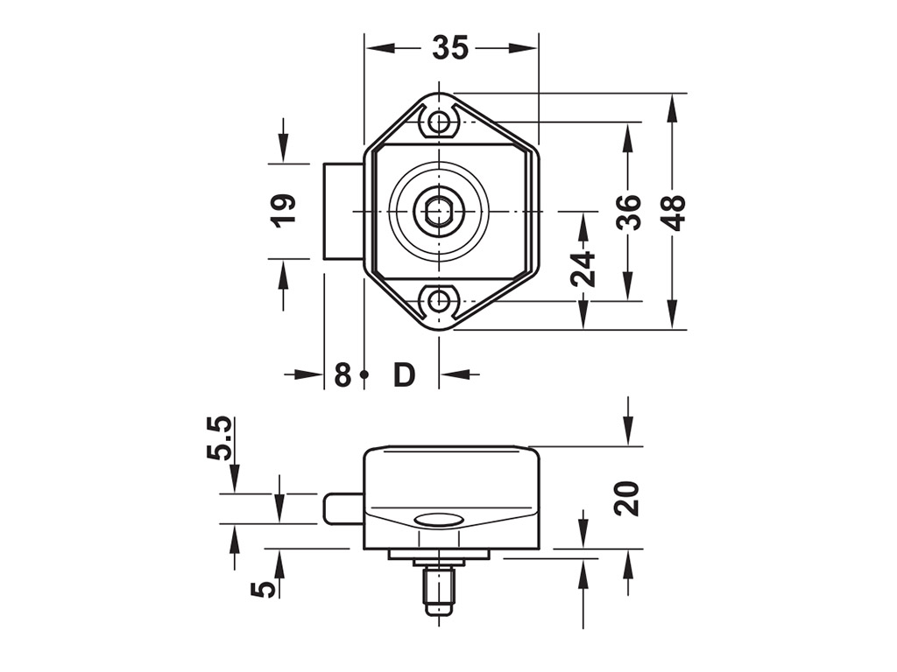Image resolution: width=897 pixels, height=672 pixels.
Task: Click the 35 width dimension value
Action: coord(450,47)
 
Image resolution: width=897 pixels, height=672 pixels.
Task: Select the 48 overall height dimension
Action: coord(675,212)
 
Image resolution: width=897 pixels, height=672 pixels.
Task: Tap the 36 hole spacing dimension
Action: coord(629,212)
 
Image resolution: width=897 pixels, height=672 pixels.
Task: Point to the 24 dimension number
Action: coord(583,269)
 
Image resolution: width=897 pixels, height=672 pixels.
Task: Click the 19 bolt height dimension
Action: coord(284,211)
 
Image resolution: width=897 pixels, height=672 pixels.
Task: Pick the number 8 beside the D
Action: coord(343,374)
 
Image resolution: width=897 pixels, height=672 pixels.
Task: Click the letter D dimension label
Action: coord(404,374)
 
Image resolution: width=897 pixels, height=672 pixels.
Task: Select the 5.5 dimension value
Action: coord(218,438)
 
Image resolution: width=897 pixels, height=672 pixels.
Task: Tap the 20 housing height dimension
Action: coord(627,498)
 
